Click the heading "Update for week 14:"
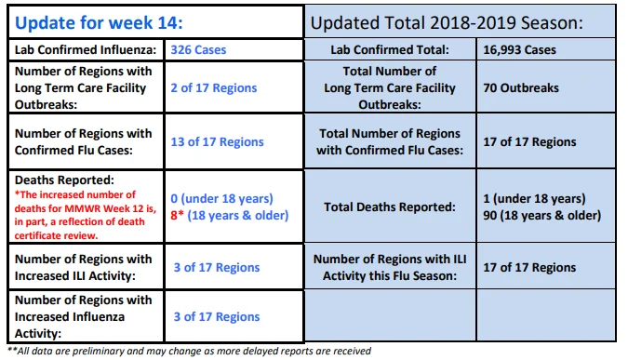tap(99, 22)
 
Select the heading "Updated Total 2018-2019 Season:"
tap(447, 23)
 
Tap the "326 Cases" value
tap(198, 49)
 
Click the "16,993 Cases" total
tap(519, 49)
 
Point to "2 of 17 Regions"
tap(214, 87)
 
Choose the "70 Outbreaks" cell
tap(521, 87)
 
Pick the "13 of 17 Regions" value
tap(217, 141)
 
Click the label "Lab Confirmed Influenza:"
tap(86, 49)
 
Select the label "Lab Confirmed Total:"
tap(390, 49)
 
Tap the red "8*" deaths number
tap(177, 215)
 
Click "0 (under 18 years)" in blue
tap(221, 198)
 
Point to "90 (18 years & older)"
tap(541, 215)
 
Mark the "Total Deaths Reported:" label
tap(390, 207)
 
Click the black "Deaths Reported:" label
tap(64, 180)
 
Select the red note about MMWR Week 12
tap(86, 215)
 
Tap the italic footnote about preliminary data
tap(190, 351)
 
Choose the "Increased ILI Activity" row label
tap(84, 267)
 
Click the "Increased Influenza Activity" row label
tap(84, 316)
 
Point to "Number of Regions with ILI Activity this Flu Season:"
tap(390, 267)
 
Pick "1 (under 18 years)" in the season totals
tap(534, 198)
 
